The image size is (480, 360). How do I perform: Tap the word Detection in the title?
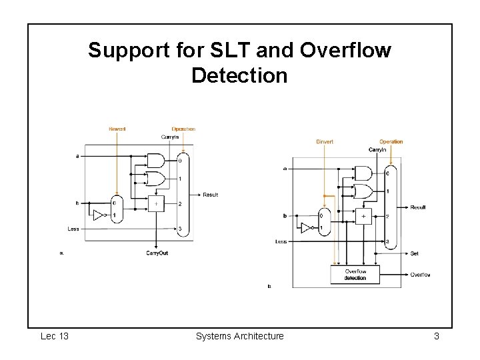pyautogui.click(x=239, y=75)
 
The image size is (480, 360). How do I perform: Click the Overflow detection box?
pyautogui.click(x=355, y=275)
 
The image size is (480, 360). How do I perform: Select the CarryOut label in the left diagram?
pyautogui.click(x=157, y=253)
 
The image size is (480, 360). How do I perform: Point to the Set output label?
pyautogui.click(x=414, y=253)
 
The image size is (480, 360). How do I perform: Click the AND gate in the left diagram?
pyautogui.click(x=155, y=161)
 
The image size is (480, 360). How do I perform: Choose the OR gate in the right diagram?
pyautogui.click(x=363, y=192)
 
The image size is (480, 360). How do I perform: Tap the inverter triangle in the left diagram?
pyautogui.click(x=99, y=215)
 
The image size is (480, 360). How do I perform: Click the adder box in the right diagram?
pyautogui.click(x=364, y=217)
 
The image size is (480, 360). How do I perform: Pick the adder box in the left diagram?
pyautogui.click(x=156, y=203)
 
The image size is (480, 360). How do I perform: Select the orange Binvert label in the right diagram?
pyautogui.click(x=325, y=141)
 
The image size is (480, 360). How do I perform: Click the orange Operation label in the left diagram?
pyautogui.click(x=183, y=129)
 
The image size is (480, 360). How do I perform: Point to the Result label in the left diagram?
pyautogui.click(x=210, y=195)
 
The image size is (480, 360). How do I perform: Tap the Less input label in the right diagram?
pyautogui.click(x=281, y=241)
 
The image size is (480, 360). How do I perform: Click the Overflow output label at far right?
pyautogui.click(x=420, y=275)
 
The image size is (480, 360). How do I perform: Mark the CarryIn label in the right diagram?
pyautogui.click(x=377, y=150)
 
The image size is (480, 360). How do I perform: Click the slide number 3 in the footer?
pyautogui.click(x=436, y=336)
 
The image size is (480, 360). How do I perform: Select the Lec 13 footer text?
pyautogui.click(x=55, y=336)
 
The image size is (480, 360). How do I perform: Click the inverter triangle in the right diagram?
pyautogui.click(x=306, y=228)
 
